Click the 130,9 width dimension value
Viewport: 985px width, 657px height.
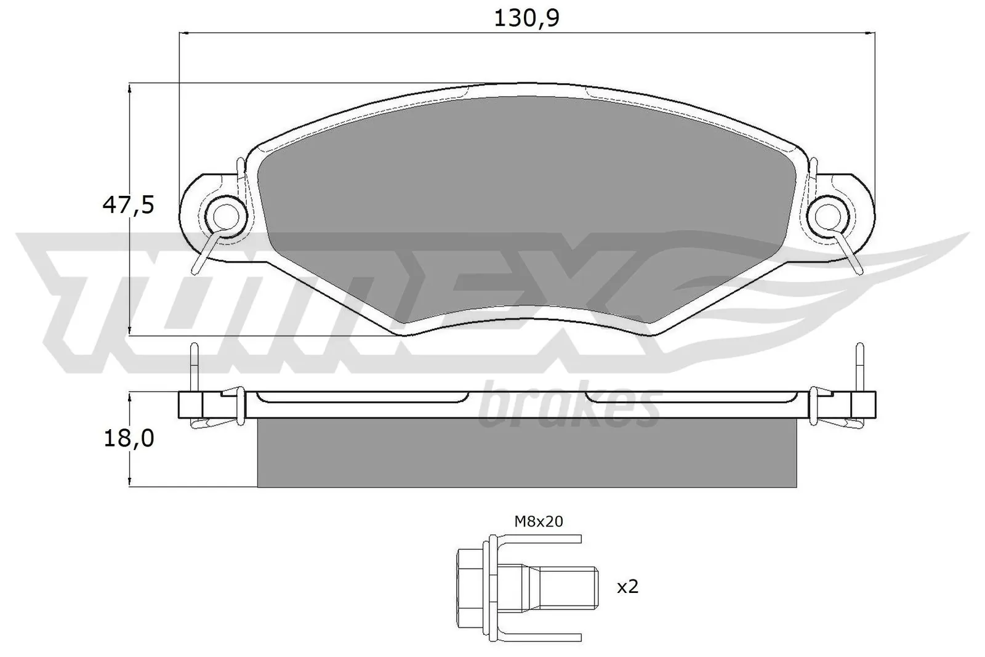point(526,18)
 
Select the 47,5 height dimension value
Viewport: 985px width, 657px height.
point(128,204)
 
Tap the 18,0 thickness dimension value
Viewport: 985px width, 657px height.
point(128,439)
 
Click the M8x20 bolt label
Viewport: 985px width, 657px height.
point(538,522)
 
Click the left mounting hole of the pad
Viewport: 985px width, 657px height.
point(226,215)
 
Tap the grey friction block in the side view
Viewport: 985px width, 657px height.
point(526,454)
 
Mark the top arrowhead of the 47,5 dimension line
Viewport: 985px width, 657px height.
point(129,89)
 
